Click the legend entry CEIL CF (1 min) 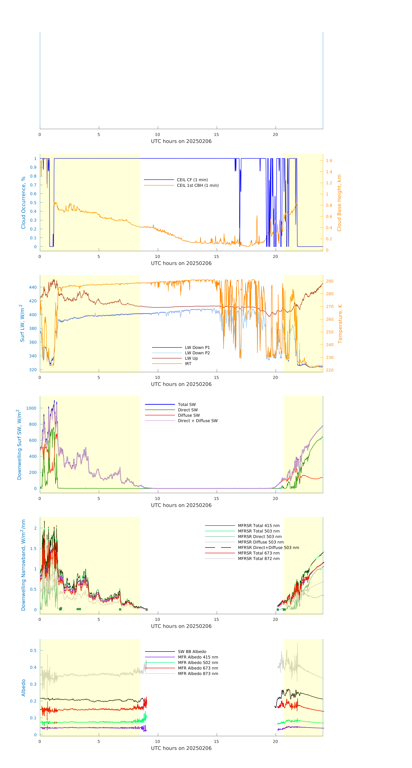[x=192, y=180]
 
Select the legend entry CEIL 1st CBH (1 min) [x=198, y=185]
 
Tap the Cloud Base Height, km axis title [x=339, y=203]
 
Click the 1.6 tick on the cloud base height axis [x=329, y=161]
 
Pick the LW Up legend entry [x=191, y=358]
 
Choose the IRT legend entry [x=188, y=364]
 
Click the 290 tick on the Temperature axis [x=329, y=281]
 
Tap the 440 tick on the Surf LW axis [x=33, y=287]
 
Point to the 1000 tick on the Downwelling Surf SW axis [x=31, y=408]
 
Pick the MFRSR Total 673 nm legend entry [x=259, y=553]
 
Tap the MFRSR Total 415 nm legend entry [x=259, y=526]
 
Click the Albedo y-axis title [x=23, y=688]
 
